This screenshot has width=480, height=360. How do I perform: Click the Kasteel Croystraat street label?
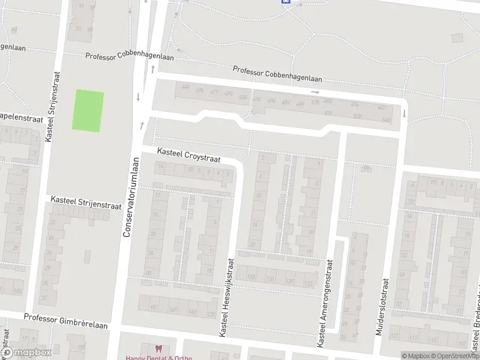tap(189, 156)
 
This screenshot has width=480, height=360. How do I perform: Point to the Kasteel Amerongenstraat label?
tap(324, 303)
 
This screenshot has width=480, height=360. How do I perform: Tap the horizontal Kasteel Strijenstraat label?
tap(86, 202)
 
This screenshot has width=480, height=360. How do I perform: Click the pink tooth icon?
tap(158, 349)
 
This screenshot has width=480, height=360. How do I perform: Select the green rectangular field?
tap(88, 110)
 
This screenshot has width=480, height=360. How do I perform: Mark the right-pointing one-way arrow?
tap(315, 92)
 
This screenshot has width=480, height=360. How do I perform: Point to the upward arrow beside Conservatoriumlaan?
tap(142, 125)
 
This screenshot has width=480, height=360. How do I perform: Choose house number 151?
tap(154, 308)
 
